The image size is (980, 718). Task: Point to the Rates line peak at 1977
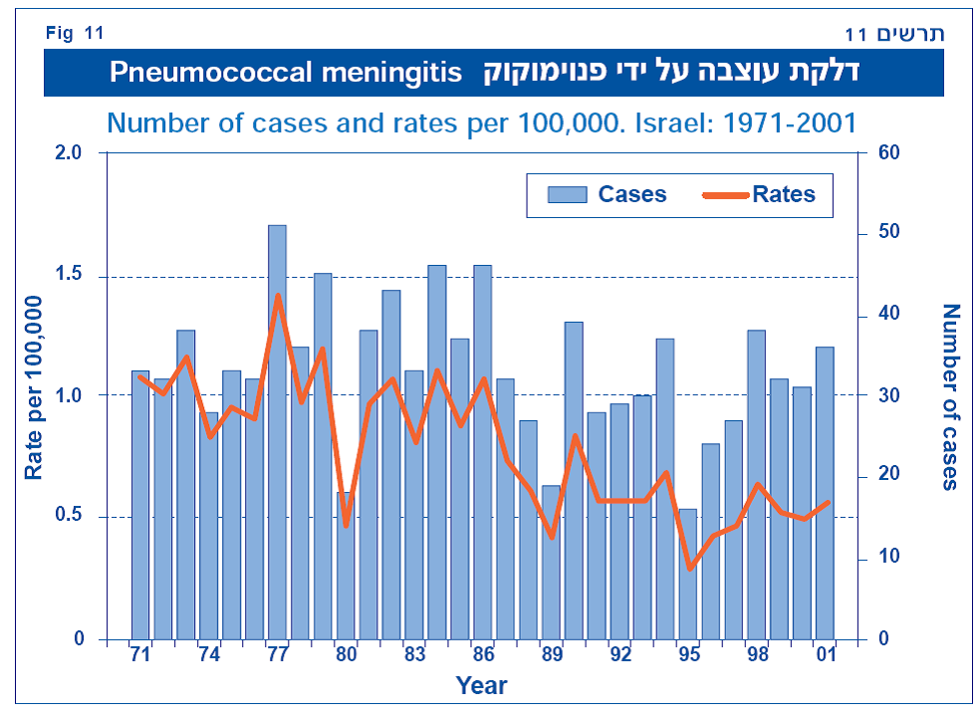278,295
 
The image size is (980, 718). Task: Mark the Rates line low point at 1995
689,569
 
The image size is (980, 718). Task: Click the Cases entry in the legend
607,194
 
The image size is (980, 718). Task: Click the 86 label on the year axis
483,655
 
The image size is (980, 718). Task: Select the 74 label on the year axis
209,655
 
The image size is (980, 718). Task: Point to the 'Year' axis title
481,686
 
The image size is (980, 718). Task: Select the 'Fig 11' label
75,33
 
